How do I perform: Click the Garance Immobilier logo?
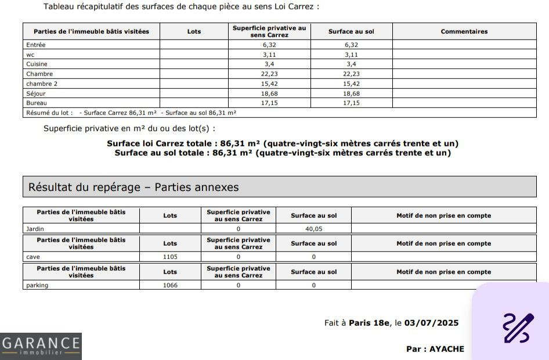(x=41, y=346)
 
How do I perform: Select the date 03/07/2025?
(x=432, y=323)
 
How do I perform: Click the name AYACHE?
(x=446, y=349)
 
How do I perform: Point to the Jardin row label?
(x=35, y=229)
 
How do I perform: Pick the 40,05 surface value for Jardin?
(x=313, y=229)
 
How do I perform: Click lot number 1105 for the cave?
(x=170, y=257)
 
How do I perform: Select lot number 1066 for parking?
(x=170, y=285)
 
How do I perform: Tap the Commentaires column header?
(x=464, y=31)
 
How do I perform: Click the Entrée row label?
(x=36, y=45)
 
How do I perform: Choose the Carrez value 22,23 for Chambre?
(x=269, y=74)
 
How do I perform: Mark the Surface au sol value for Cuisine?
(x=351, y=64)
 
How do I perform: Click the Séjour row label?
(x=36, y=93)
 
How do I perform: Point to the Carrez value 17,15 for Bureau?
(x=269, y=103)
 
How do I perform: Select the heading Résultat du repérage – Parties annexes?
(x=133, y=187)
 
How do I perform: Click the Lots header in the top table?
(x=194, y=31)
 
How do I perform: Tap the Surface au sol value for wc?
(x=351, y=55)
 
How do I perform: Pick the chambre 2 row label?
(x=42, y=84)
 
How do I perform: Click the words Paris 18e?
(x=370, y=323)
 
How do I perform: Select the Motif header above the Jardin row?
(x=443, y=215)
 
